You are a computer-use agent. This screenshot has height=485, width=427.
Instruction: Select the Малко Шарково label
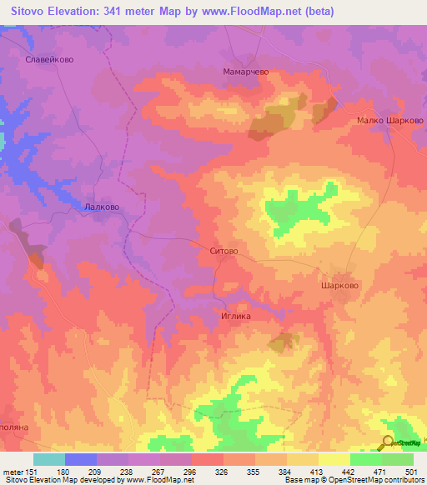390,120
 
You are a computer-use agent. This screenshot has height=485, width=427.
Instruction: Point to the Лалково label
103,207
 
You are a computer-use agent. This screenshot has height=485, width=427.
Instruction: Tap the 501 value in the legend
409,471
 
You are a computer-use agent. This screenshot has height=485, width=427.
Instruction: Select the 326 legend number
222,471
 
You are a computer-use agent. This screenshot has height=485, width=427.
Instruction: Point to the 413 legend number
314,471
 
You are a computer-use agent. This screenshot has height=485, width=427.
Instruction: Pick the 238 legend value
128,471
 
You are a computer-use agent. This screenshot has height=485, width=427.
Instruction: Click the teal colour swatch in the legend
49,459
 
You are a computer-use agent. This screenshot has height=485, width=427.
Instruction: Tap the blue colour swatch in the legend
80,459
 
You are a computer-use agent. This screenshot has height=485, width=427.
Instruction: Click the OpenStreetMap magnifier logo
388,443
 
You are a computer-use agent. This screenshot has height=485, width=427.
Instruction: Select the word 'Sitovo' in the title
30,12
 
